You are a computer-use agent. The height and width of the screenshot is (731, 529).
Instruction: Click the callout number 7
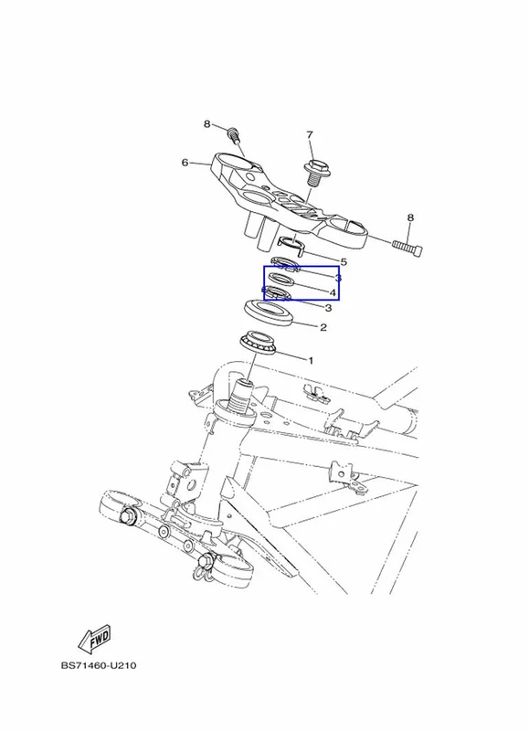(310, 134)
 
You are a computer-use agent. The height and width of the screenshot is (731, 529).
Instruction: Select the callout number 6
(185, 163)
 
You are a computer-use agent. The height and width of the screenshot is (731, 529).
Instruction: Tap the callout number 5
(344, 261)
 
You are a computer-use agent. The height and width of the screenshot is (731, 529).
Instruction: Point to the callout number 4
(333, 292)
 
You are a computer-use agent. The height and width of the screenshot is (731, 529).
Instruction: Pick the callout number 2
(323, 327)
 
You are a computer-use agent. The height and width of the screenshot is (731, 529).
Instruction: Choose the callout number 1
(311, 360)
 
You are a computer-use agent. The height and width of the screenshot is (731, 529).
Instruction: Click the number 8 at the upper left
(206, 124)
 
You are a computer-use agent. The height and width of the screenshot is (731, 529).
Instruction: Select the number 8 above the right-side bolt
(410, 217)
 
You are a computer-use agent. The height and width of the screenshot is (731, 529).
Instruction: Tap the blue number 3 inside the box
(338, 278)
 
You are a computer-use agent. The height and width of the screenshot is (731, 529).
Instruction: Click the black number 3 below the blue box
(328, 308)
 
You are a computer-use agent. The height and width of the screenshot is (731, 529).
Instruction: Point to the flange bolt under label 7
(317, 173)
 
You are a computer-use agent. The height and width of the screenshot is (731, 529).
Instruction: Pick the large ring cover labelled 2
(270, 313)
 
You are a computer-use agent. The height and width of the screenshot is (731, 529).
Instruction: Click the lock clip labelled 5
(291, 246)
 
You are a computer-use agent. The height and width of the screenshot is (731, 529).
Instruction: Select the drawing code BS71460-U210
(99, 665)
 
